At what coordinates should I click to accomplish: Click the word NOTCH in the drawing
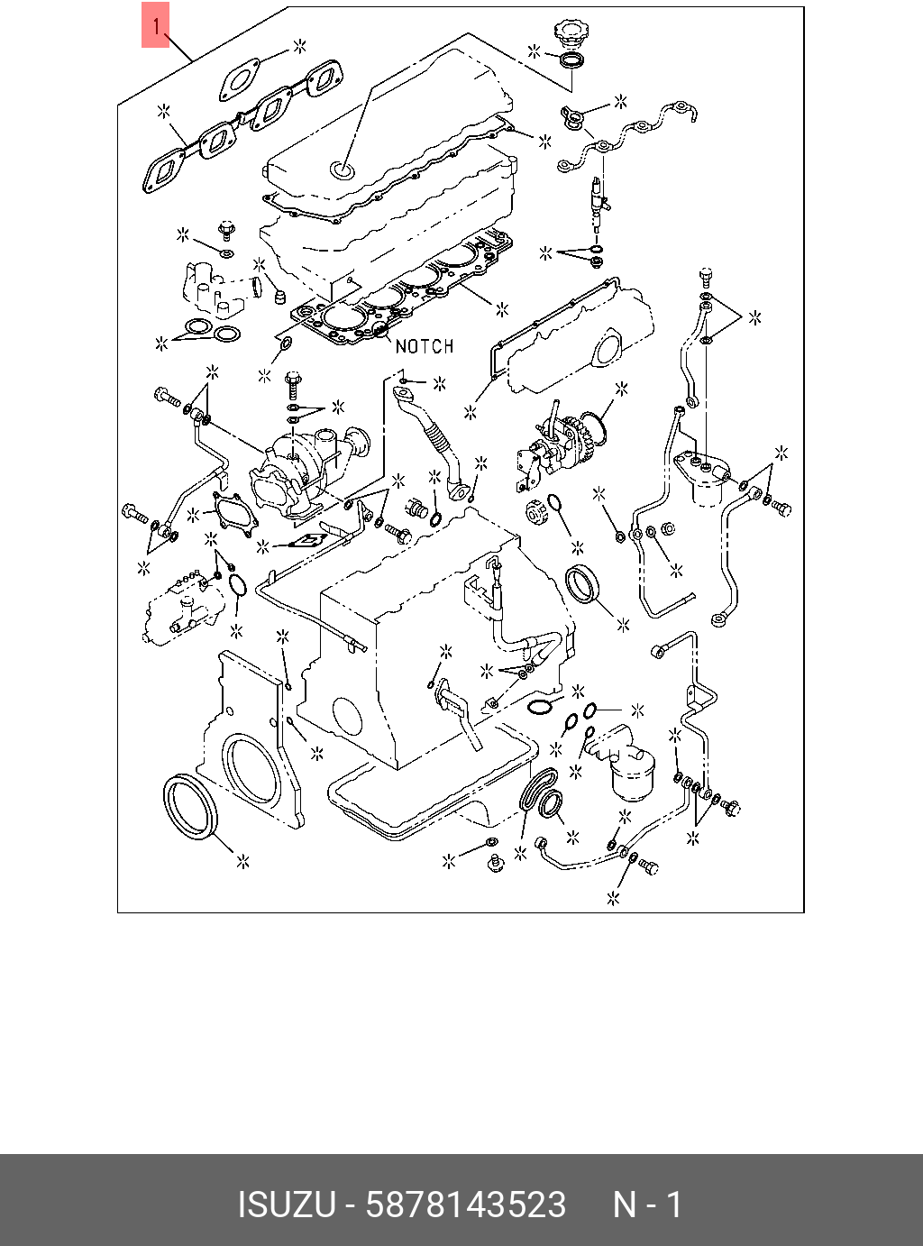pos(424,346)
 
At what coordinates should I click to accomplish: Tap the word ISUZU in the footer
pos(286,1205)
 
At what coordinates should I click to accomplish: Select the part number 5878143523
pos(465,1205)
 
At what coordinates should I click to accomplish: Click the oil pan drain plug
pos(493,865)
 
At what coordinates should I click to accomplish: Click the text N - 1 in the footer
pos(647,1205)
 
